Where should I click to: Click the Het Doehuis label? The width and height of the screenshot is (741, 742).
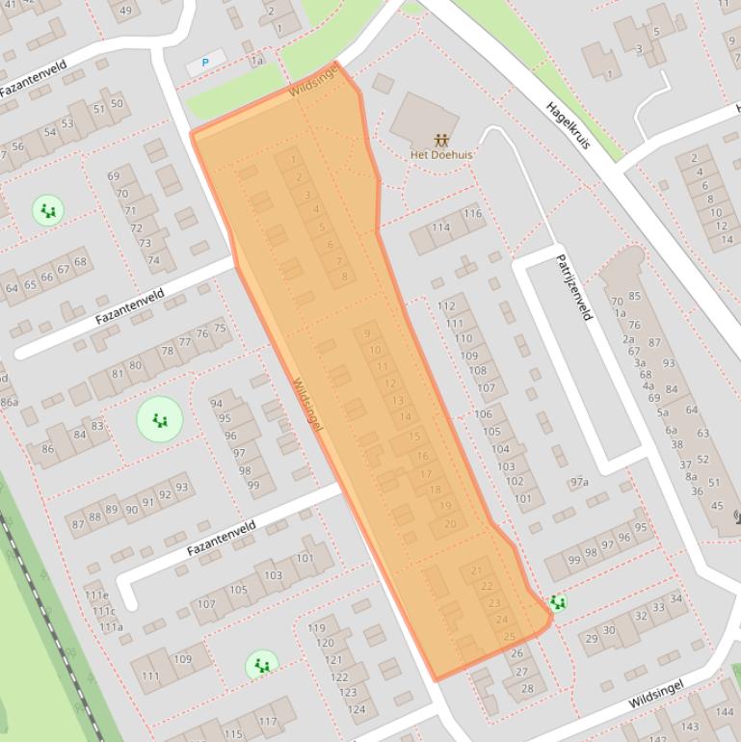coord(441,154)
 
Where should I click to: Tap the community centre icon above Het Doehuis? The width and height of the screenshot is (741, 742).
coord(441,140)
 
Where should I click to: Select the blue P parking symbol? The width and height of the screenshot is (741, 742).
coord(205,63)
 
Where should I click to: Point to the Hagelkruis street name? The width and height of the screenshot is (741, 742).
coord(568,125)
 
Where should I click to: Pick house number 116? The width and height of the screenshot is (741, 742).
coord(472,214)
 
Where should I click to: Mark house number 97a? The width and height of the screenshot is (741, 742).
coord(579,482)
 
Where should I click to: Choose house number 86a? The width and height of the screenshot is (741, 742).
coord(9,402)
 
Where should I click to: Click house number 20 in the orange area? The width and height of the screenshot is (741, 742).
coord(450,524)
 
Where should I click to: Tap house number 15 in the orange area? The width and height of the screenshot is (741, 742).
coord(414,437)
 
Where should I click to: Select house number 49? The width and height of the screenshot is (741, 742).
coord(124,12)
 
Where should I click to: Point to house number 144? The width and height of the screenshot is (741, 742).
coord(724,712)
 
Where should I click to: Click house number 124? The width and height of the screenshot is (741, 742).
coord(356,709)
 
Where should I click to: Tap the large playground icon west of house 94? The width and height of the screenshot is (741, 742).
coord(160,419)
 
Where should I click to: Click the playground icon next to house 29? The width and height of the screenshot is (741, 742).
coord(557,603)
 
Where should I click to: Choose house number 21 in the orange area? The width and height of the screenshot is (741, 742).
coord(477,570)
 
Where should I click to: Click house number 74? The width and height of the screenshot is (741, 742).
coord(153,260)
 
